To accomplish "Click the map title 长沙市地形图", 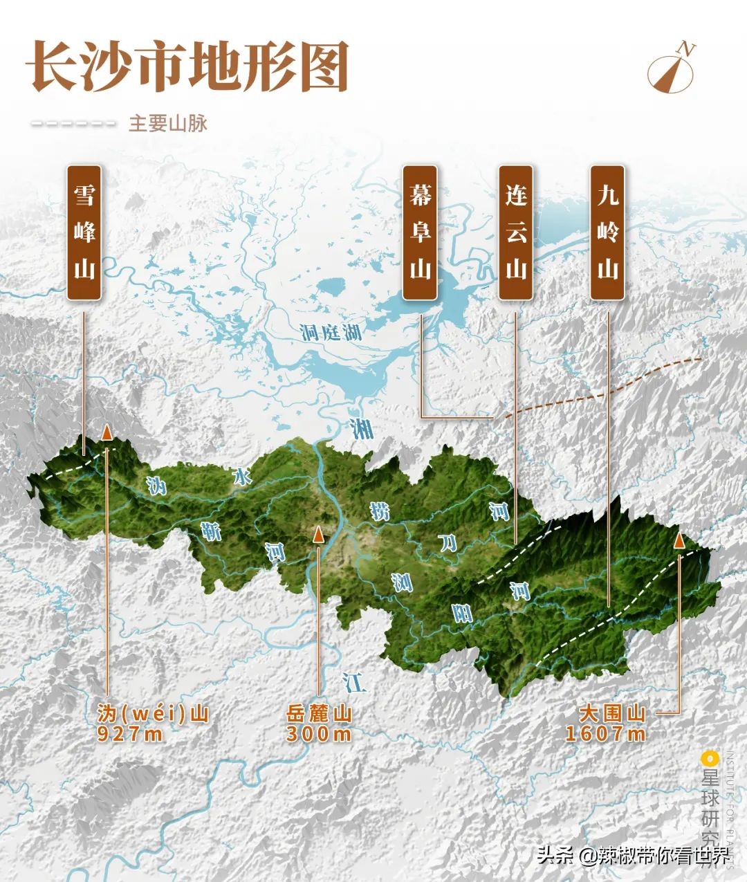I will [x=187, y=66].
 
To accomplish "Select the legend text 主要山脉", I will [x=168, y=124].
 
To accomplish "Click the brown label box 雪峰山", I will [x=84, y=232].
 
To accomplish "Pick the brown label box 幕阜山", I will [x=420, y=232].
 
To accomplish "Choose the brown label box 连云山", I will [x=516, y=232].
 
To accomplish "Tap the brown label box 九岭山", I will [x=607, y=232].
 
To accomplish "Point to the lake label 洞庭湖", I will [x=332, y=333].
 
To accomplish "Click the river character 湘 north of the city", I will [x=360, y=428].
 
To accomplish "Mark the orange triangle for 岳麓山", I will [x=318, y=534].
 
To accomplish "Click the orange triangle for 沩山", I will [x=107, y=432].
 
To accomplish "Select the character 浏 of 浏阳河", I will [x=401, y=583].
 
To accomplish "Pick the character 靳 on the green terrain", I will [x=210, y=532].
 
